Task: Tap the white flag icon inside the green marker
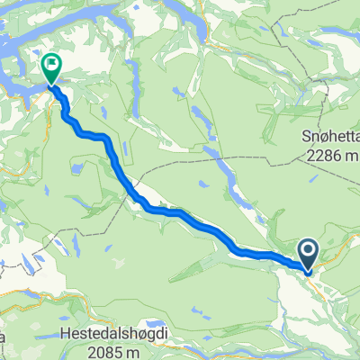pyautogui.click(x=50, y=64)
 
